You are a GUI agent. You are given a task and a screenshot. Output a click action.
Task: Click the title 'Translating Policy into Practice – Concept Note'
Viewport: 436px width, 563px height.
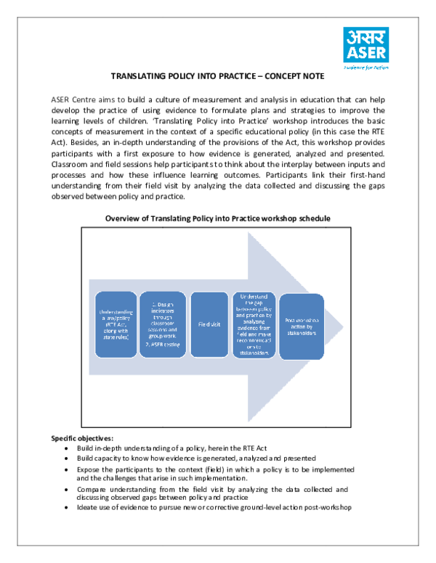tap(217, 75)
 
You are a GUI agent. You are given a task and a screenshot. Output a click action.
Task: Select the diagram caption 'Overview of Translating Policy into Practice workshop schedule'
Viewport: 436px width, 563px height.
tap(218, 218)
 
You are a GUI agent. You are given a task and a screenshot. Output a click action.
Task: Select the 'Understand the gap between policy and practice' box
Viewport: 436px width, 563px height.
tap(254, 325)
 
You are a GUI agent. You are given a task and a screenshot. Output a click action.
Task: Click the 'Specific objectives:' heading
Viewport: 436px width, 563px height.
tap(82, 438)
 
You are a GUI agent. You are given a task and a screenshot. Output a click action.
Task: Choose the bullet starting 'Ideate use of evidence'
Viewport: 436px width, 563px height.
tap(214, 507)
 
